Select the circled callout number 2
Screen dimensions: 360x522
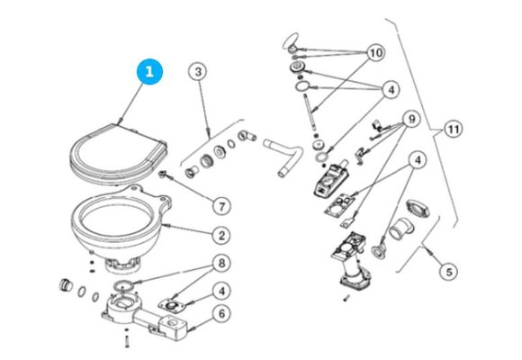pyautogui.click(x=219, y=235)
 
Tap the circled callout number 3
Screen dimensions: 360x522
pyautogui.click(x=199, y=71)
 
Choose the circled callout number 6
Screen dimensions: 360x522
pyautogui.click(x=219, y=315)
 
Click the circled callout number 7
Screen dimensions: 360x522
pyautogui.click(x=220, y=204)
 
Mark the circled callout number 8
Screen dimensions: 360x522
pyautogui.click(x=219, y=265)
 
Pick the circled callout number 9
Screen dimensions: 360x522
pyautogui.click(x=409, y=119)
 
